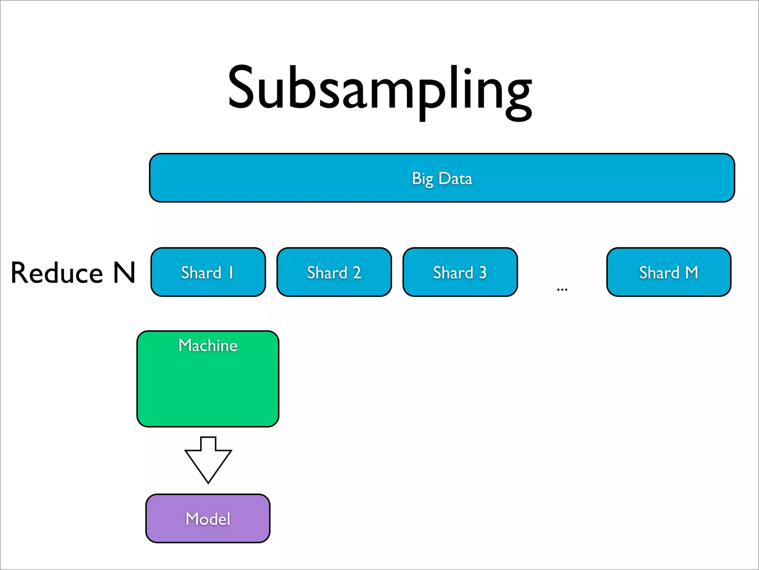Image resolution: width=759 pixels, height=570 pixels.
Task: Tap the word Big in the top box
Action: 422,179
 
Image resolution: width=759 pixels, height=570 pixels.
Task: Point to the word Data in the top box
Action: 455,178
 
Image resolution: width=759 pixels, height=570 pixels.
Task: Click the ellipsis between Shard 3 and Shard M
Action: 562,289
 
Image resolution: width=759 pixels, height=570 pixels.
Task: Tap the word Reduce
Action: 57,273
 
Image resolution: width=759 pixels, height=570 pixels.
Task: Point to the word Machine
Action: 208,345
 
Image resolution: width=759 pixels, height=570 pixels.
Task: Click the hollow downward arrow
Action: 208,460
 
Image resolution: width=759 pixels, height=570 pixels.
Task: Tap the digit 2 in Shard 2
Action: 357,273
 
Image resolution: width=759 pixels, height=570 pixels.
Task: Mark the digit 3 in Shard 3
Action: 483,273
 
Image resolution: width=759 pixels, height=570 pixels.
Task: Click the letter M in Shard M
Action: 691,272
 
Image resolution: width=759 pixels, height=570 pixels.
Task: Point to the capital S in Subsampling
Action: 243,88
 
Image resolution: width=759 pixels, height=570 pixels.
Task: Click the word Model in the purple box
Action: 208,519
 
